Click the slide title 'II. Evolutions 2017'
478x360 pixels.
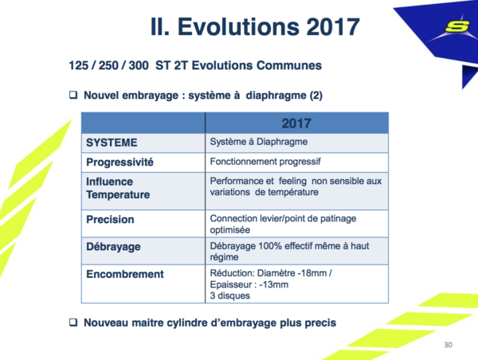tap(255, 27)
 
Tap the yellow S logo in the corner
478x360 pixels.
tap(457, 26)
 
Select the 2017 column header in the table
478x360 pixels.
tap(296, 123)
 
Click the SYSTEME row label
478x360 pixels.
tap(112, 143)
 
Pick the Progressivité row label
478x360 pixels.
tap(119, 162)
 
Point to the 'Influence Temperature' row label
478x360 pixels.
tap(118, 188)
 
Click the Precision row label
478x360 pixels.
tap(110, 220)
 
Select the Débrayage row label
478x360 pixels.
tap(113, 247)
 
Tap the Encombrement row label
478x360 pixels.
tap(125, 274)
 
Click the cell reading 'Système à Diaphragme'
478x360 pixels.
tap(259, 142)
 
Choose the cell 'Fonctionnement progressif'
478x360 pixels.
tap(265, 162)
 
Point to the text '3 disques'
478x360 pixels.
tap(230, 295)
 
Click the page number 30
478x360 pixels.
tap(448, 345)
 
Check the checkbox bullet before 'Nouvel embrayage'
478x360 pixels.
tap(73, 95)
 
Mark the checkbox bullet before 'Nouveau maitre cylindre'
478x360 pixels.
tap(73, 323)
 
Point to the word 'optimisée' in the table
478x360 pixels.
tap(230, 230)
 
